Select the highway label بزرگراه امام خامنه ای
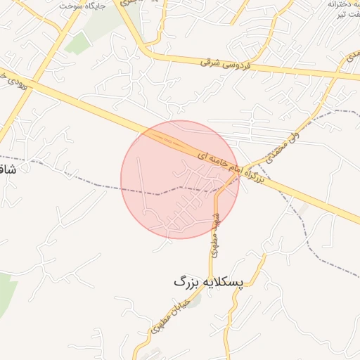point(229,167)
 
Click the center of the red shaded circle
point(180,179)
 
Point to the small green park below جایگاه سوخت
point(79,44)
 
